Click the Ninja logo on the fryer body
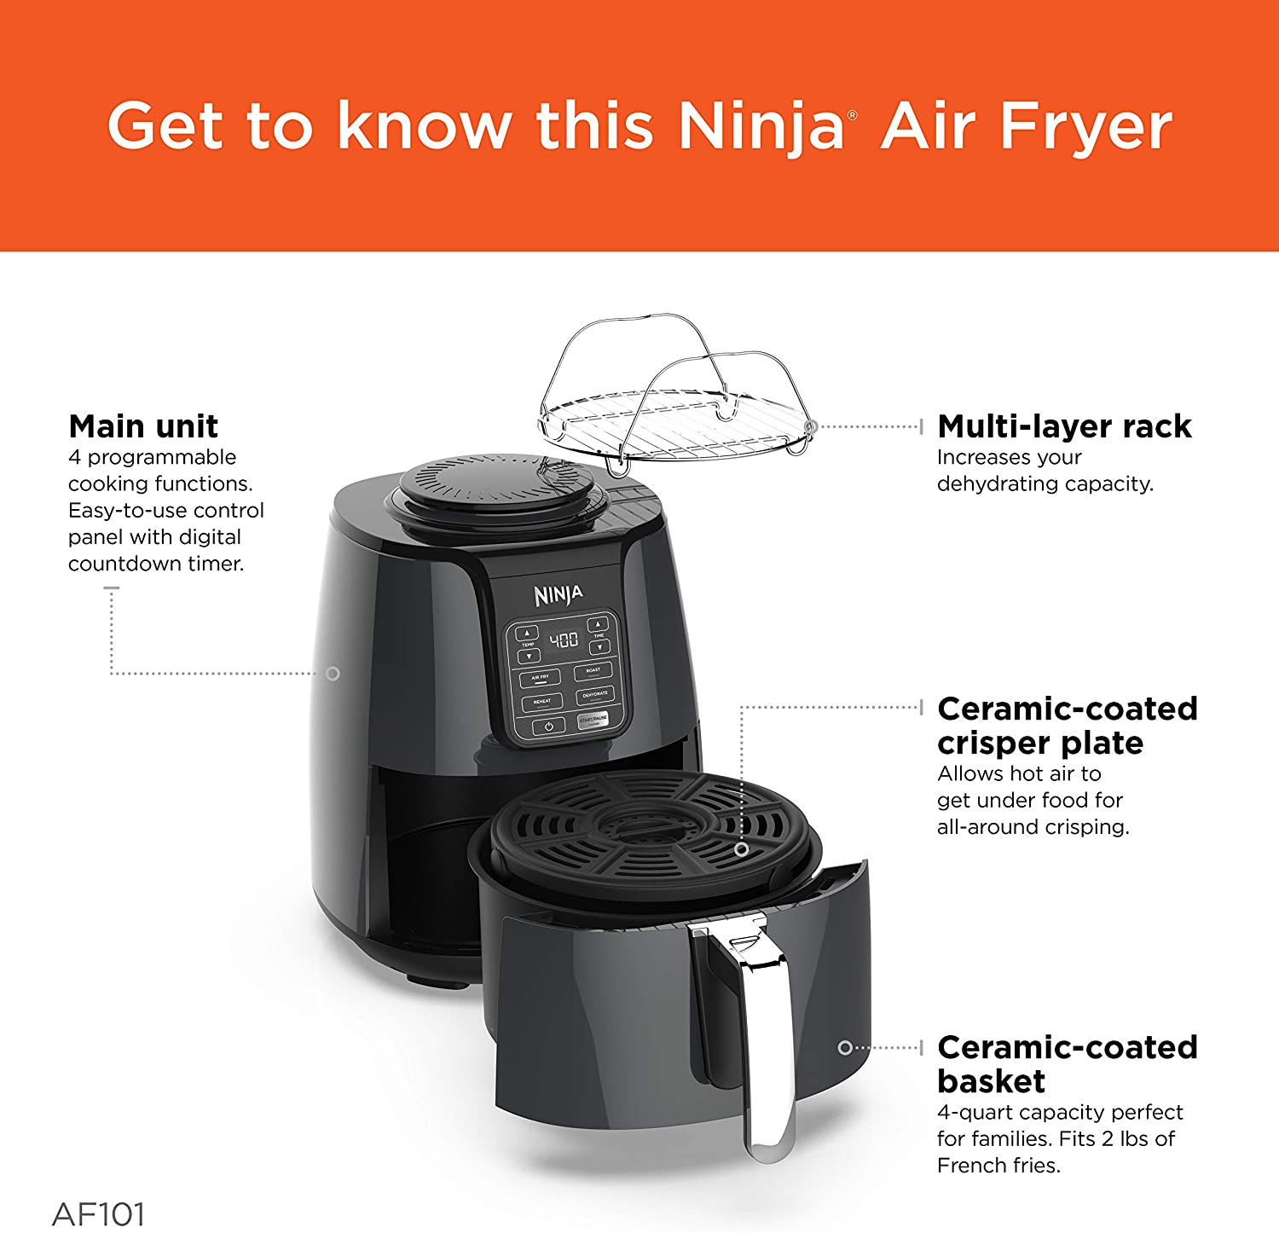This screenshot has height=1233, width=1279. (x=558, y=594)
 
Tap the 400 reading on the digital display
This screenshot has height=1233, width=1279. (x=564, y=640)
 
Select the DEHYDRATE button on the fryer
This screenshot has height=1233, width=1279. (x=594, y=695)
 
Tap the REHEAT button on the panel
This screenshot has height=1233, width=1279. (x=542, y=702)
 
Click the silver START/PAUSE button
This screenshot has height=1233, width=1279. (x=593, y=720)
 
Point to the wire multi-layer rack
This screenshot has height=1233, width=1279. (x=674, y=409)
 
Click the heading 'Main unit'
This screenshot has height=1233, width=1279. (x=143, y=425)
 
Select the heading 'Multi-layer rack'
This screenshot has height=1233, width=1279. (x=1064, y=425)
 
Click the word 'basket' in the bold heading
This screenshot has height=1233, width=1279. (x=991, y=1081)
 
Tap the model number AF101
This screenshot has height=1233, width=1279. (x=98, y=1213)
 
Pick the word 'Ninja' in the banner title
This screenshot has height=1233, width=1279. (x=761, y=127)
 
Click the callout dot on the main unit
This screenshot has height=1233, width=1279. (x=333, y=674)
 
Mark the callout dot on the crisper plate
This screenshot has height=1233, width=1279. (x=741, y=849)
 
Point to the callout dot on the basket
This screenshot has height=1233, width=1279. (x=844, y=1047)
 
